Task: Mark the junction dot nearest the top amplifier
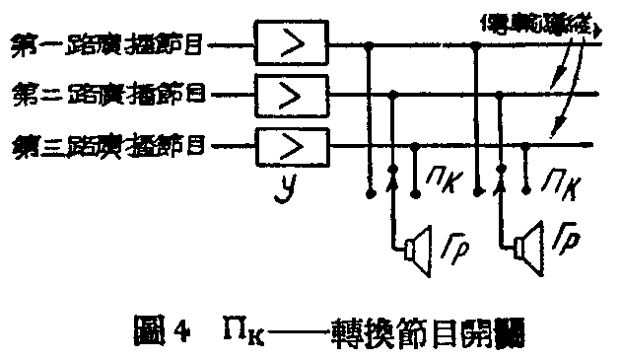(370, 44)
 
